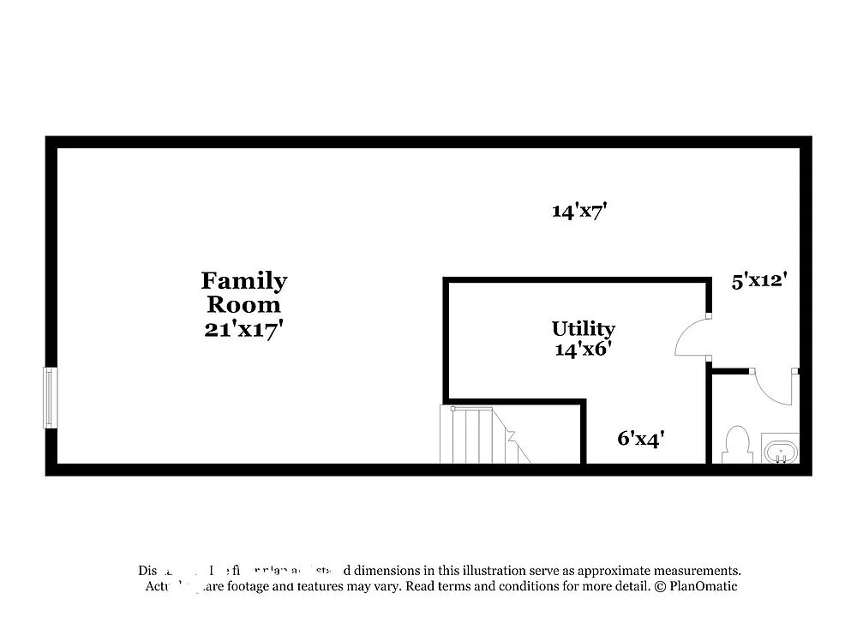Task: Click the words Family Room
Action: click(x=244, y=292)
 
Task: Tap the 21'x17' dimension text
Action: click(x=243, y=330)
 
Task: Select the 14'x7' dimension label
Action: click(x=579, y=211)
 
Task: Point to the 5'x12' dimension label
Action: click(x=758, y=279)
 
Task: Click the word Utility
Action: click(x=583, y=329)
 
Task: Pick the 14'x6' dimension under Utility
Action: click(x=583, y=349)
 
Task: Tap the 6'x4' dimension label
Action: click(x=641, y=439)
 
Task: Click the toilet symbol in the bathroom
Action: click(x=736, y=445)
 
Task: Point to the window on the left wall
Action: click(x=51, y=398)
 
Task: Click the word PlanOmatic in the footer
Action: click(x=704, y=587)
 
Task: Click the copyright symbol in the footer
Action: click(x=660, y=587)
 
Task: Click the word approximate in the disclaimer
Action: click(x=603, y=571)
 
